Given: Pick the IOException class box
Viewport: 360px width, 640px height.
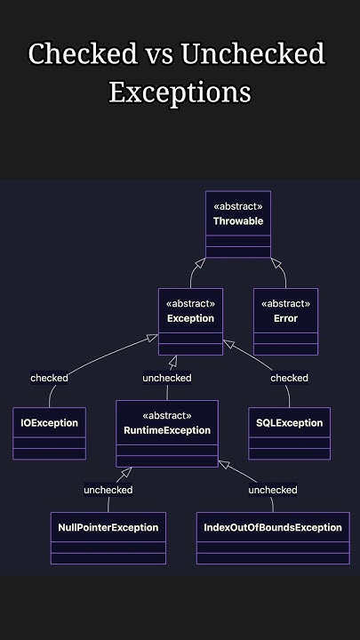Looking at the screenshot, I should pos(49,434).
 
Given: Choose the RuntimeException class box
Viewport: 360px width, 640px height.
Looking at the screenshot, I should pos(167,434).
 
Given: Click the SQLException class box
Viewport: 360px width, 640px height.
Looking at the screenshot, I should pos(289,434).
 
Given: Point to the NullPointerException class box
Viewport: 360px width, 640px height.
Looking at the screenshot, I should pos(108,539).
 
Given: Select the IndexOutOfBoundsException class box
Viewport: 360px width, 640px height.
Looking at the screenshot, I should pos(272,539).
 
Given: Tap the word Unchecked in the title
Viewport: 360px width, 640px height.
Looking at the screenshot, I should pos(252,55).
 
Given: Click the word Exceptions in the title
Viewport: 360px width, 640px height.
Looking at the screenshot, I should pos(180,92).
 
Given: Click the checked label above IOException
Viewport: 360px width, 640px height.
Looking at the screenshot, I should pos(49,378).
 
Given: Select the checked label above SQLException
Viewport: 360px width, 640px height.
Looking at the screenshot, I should pos(289,378).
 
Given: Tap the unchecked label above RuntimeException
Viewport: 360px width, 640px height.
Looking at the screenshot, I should pos(167,378).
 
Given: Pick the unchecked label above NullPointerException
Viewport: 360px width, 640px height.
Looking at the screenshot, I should pos(108,490).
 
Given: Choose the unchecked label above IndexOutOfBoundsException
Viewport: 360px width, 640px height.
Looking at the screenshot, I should pos(273,490).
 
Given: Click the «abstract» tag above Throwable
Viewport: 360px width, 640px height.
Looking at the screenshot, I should pos(238,206).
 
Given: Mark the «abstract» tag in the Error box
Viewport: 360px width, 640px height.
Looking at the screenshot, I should pos(285,302).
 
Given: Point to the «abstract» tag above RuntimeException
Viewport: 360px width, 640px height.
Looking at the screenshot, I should pos(167,415).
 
